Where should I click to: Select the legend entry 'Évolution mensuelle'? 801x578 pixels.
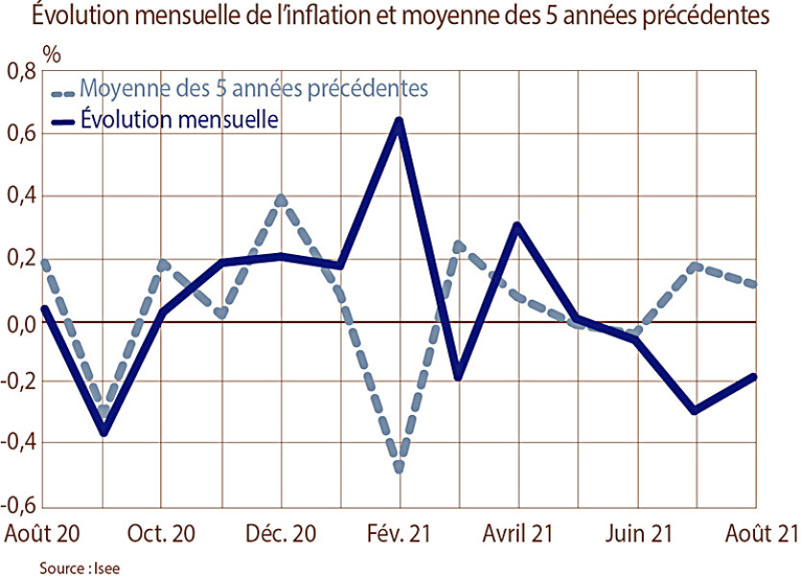179,120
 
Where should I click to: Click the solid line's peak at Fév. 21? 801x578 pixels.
399,121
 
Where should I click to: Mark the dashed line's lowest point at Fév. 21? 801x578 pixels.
399,469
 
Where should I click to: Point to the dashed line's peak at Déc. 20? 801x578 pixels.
280,199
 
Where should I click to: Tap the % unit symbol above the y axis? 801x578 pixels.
51,52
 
